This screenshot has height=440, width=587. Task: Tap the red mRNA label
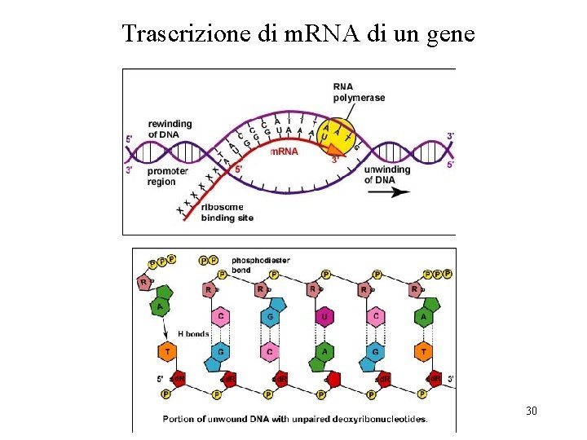[x=284, y=152]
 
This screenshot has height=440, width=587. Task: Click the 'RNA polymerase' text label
[x=359, y=93]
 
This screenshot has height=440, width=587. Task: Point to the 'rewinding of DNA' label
[x=170, y=129]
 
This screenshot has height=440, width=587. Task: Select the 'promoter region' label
[x=167, y=176]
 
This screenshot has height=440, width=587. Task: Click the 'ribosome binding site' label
[x=227, y=213]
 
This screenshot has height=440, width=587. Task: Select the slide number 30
[x=532, y=411]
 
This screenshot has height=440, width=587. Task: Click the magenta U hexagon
[x=324, y=315]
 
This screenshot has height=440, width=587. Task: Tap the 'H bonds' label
[x=193, y=333]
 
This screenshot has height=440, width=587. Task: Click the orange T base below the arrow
[x=166, y=352]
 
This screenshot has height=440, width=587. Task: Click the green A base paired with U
[x=324, y=352]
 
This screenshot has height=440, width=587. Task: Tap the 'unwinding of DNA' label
[x=380, y=174]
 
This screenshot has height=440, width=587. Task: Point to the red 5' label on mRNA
[x=237, y=169]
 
